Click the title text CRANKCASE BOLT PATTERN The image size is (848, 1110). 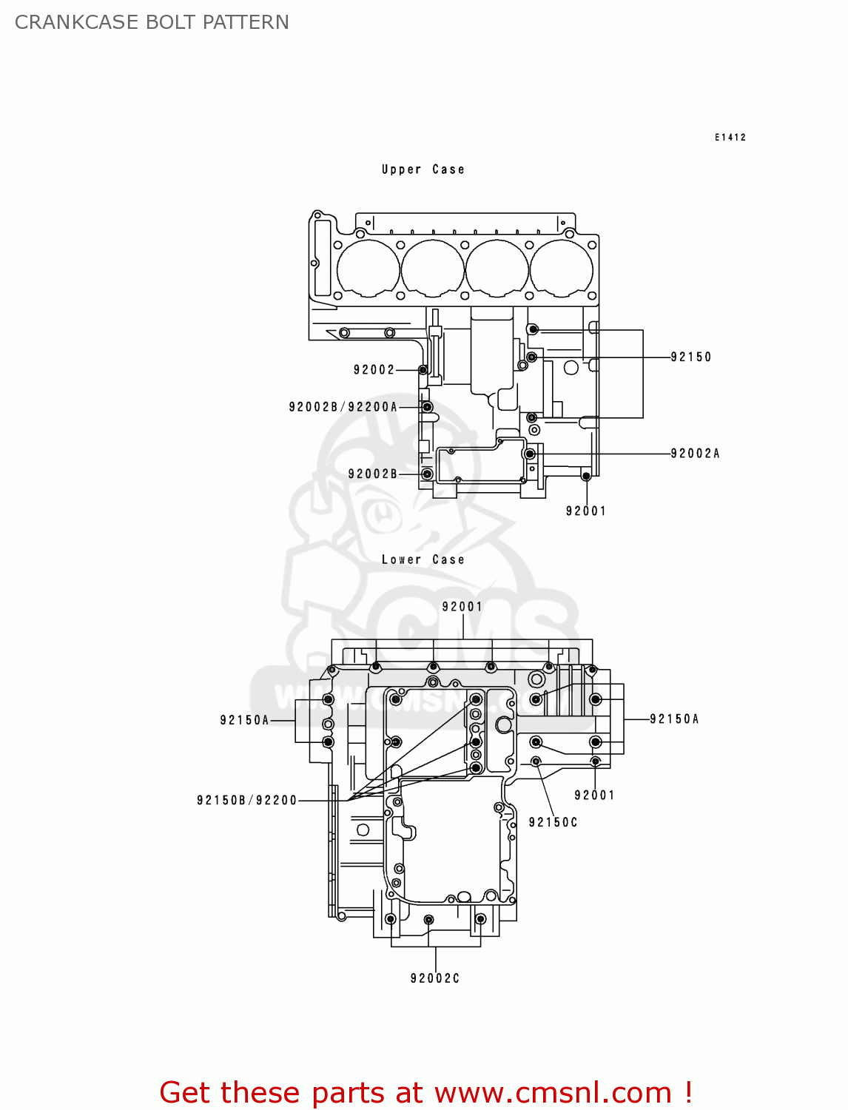point(152,22)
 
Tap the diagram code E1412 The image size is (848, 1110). point(730,138)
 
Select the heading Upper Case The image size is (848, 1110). point(423,169)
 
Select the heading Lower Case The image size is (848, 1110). point(423,560)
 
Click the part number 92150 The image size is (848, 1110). point(690,357)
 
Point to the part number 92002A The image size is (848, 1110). point(694,454)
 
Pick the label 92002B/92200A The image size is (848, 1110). point(343,407)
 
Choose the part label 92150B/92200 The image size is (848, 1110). point(246,801)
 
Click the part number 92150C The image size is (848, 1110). point(553,823)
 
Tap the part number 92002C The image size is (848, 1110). point(434,979)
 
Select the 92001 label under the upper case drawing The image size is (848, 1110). point(585,511)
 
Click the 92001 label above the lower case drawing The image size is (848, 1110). point(462,607)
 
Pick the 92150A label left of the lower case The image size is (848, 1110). point(244,721)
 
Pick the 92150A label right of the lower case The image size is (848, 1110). point(674,719)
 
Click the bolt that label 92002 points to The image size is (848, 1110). point(423,370)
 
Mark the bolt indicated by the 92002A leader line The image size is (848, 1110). point(529,454)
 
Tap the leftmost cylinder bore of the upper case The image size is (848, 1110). point(368,268)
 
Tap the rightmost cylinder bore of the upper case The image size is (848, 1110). point(562,268)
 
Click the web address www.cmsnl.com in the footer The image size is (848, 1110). point(553,1093)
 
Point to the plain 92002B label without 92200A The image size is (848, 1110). point(372,474)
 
